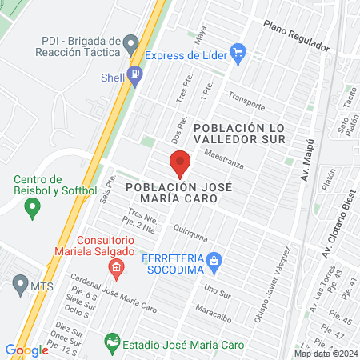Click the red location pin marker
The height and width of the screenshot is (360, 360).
(x=180, y=163)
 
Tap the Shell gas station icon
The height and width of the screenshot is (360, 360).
(x=136, y=76)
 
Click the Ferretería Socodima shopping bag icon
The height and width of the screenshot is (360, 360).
(x=214, y=261)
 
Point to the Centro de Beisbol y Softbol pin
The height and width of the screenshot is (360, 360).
(x=33, y=210)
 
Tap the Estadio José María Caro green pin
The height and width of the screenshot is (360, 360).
(x=112, y=343)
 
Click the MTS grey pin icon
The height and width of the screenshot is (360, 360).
(x=20, y=283)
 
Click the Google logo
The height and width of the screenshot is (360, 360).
(x=26, y=350)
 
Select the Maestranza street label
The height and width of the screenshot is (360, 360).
(x=222, y=158)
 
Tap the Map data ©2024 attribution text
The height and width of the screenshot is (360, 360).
(x=326, y=354)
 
